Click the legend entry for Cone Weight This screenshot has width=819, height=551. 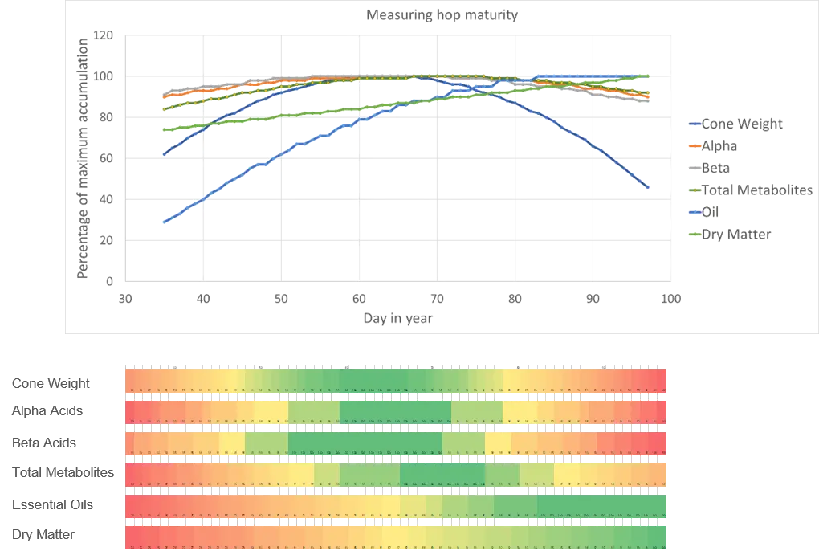[741, 124]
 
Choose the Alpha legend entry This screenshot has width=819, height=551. [719, 146]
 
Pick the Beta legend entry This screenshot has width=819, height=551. [717, 168]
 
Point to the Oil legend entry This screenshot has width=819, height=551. [711, 212]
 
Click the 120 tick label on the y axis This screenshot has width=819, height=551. [103, 35]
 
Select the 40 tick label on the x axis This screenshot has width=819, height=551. [203, 298]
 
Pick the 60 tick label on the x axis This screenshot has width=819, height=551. [359, 298]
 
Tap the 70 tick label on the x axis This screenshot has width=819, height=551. [436, 298]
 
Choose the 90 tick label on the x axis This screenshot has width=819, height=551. [592, 298]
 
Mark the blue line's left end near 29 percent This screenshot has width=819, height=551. [164, 222]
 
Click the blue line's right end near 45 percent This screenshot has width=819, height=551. [648, 189]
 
